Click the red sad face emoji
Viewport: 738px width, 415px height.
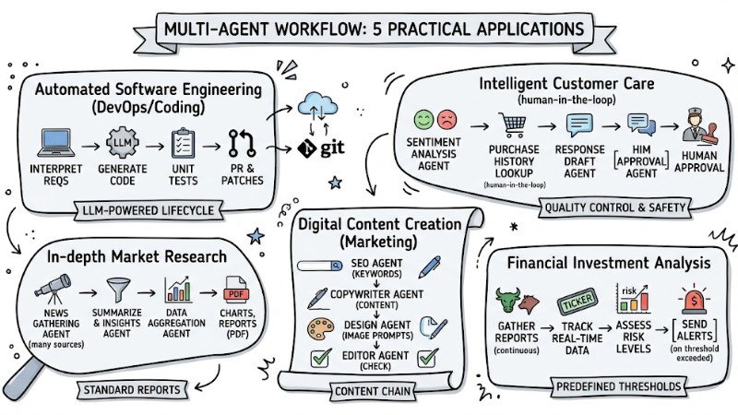[x=447, y=120]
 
